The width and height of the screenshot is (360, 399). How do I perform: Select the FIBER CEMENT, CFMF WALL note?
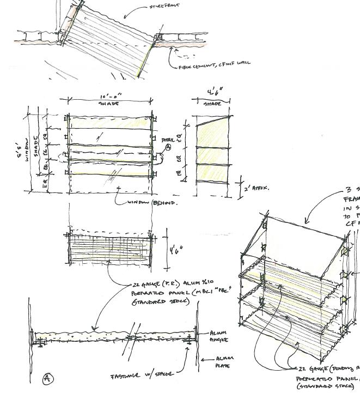[x=214, y=63]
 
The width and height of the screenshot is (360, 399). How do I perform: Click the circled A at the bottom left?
[x=47, y=379]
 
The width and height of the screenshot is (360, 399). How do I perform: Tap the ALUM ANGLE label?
[x=219, y=336]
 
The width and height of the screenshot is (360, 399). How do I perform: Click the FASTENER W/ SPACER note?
[x=142, y=376]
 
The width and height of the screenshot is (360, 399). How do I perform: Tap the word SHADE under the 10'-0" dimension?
[x=109, y=103]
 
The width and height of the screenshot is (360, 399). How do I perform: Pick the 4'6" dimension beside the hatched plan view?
[x=174, y=250]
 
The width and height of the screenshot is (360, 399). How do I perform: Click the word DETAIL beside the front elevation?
[x=169, y=140]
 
